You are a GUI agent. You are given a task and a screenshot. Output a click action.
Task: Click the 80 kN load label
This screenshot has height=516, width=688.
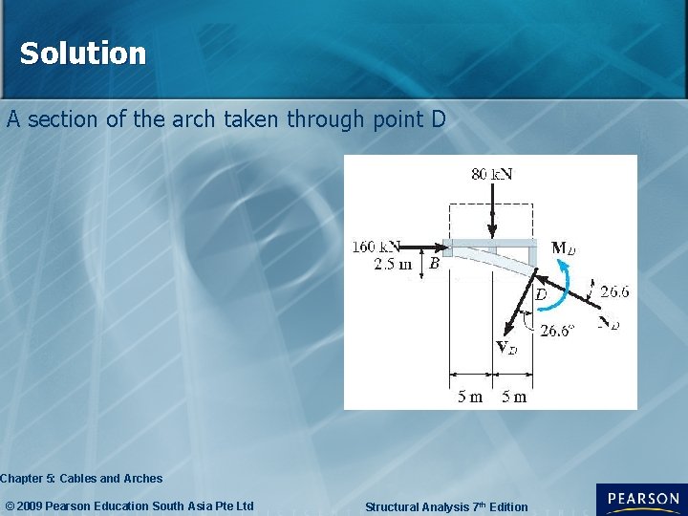point(491,174)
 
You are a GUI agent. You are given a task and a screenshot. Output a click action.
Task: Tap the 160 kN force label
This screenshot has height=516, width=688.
point(376,246)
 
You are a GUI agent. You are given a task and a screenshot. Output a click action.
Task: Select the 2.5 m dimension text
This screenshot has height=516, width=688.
point(393,264)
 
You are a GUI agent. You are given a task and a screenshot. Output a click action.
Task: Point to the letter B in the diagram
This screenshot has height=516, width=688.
point(434,264)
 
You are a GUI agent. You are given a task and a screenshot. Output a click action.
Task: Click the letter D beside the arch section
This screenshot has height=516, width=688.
point(541,294)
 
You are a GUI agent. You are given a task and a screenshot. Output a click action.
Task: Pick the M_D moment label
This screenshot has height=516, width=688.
point(564,248)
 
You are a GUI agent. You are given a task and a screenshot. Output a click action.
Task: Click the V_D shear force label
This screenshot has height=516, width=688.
point(506,348)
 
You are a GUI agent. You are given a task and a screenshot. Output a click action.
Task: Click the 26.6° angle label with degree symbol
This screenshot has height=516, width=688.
point(557,331)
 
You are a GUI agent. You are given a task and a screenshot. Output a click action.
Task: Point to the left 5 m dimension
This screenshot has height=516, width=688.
point(470,397)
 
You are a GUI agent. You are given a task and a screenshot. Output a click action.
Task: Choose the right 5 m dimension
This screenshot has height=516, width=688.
point(514,397)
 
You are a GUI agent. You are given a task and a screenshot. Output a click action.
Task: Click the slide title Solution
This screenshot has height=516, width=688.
point(83,54)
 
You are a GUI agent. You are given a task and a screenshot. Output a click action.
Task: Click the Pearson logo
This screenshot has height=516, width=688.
point(640,499)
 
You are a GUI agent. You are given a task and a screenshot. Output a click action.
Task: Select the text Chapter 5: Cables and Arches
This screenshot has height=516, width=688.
point(82,478)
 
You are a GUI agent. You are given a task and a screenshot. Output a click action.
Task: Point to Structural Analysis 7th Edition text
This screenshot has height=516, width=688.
point(446,506)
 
